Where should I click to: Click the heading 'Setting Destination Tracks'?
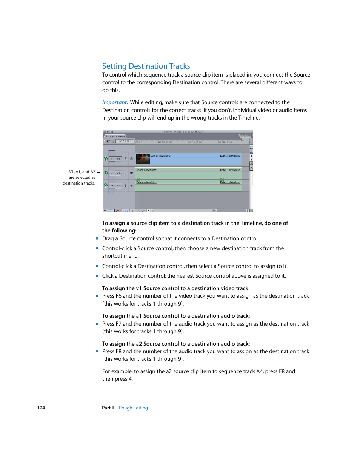coord(146,66)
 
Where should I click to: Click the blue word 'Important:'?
coord(115,102)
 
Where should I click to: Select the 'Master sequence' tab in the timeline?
coord(115,136)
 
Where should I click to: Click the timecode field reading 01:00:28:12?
coord(126,141)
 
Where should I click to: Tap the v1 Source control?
coord(112,159)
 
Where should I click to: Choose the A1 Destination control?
coord(118,174)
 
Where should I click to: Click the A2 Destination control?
coord(118,186)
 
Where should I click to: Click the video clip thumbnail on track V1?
coord(143,159)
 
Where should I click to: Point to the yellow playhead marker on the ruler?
coord(242,140)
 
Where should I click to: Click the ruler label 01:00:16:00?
coord(195,143)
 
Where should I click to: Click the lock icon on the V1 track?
coord(126,159)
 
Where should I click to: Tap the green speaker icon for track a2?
coord(106,185)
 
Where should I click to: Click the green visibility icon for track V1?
coord(106,159)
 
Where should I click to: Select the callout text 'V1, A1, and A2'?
coord(82,172)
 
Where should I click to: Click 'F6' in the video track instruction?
coord(118,296)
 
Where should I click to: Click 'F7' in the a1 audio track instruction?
coord(118,324)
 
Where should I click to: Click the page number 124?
coord(41,408)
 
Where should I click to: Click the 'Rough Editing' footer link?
coord(133,408)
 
